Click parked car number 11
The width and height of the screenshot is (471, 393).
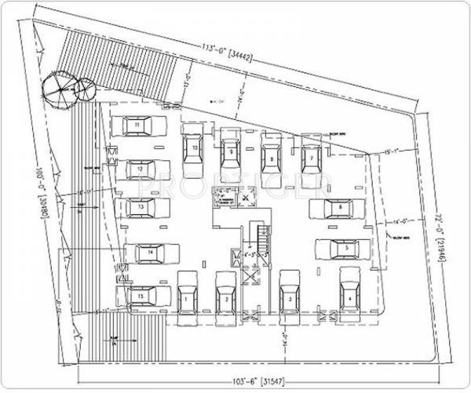coord(138,126)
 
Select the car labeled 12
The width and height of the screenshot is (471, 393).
coord(140,169)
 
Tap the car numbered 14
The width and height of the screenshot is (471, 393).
coord(150,253)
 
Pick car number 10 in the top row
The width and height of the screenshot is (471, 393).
coord(193,149)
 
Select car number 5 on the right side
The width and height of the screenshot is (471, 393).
coord(344,249)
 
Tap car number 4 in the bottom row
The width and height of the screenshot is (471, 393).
coord(348,296)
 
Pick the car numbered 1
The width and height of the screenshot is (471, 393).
coord(186,298)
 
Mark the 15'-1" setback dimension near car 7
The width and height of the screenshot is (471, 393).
coord(392,151)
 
